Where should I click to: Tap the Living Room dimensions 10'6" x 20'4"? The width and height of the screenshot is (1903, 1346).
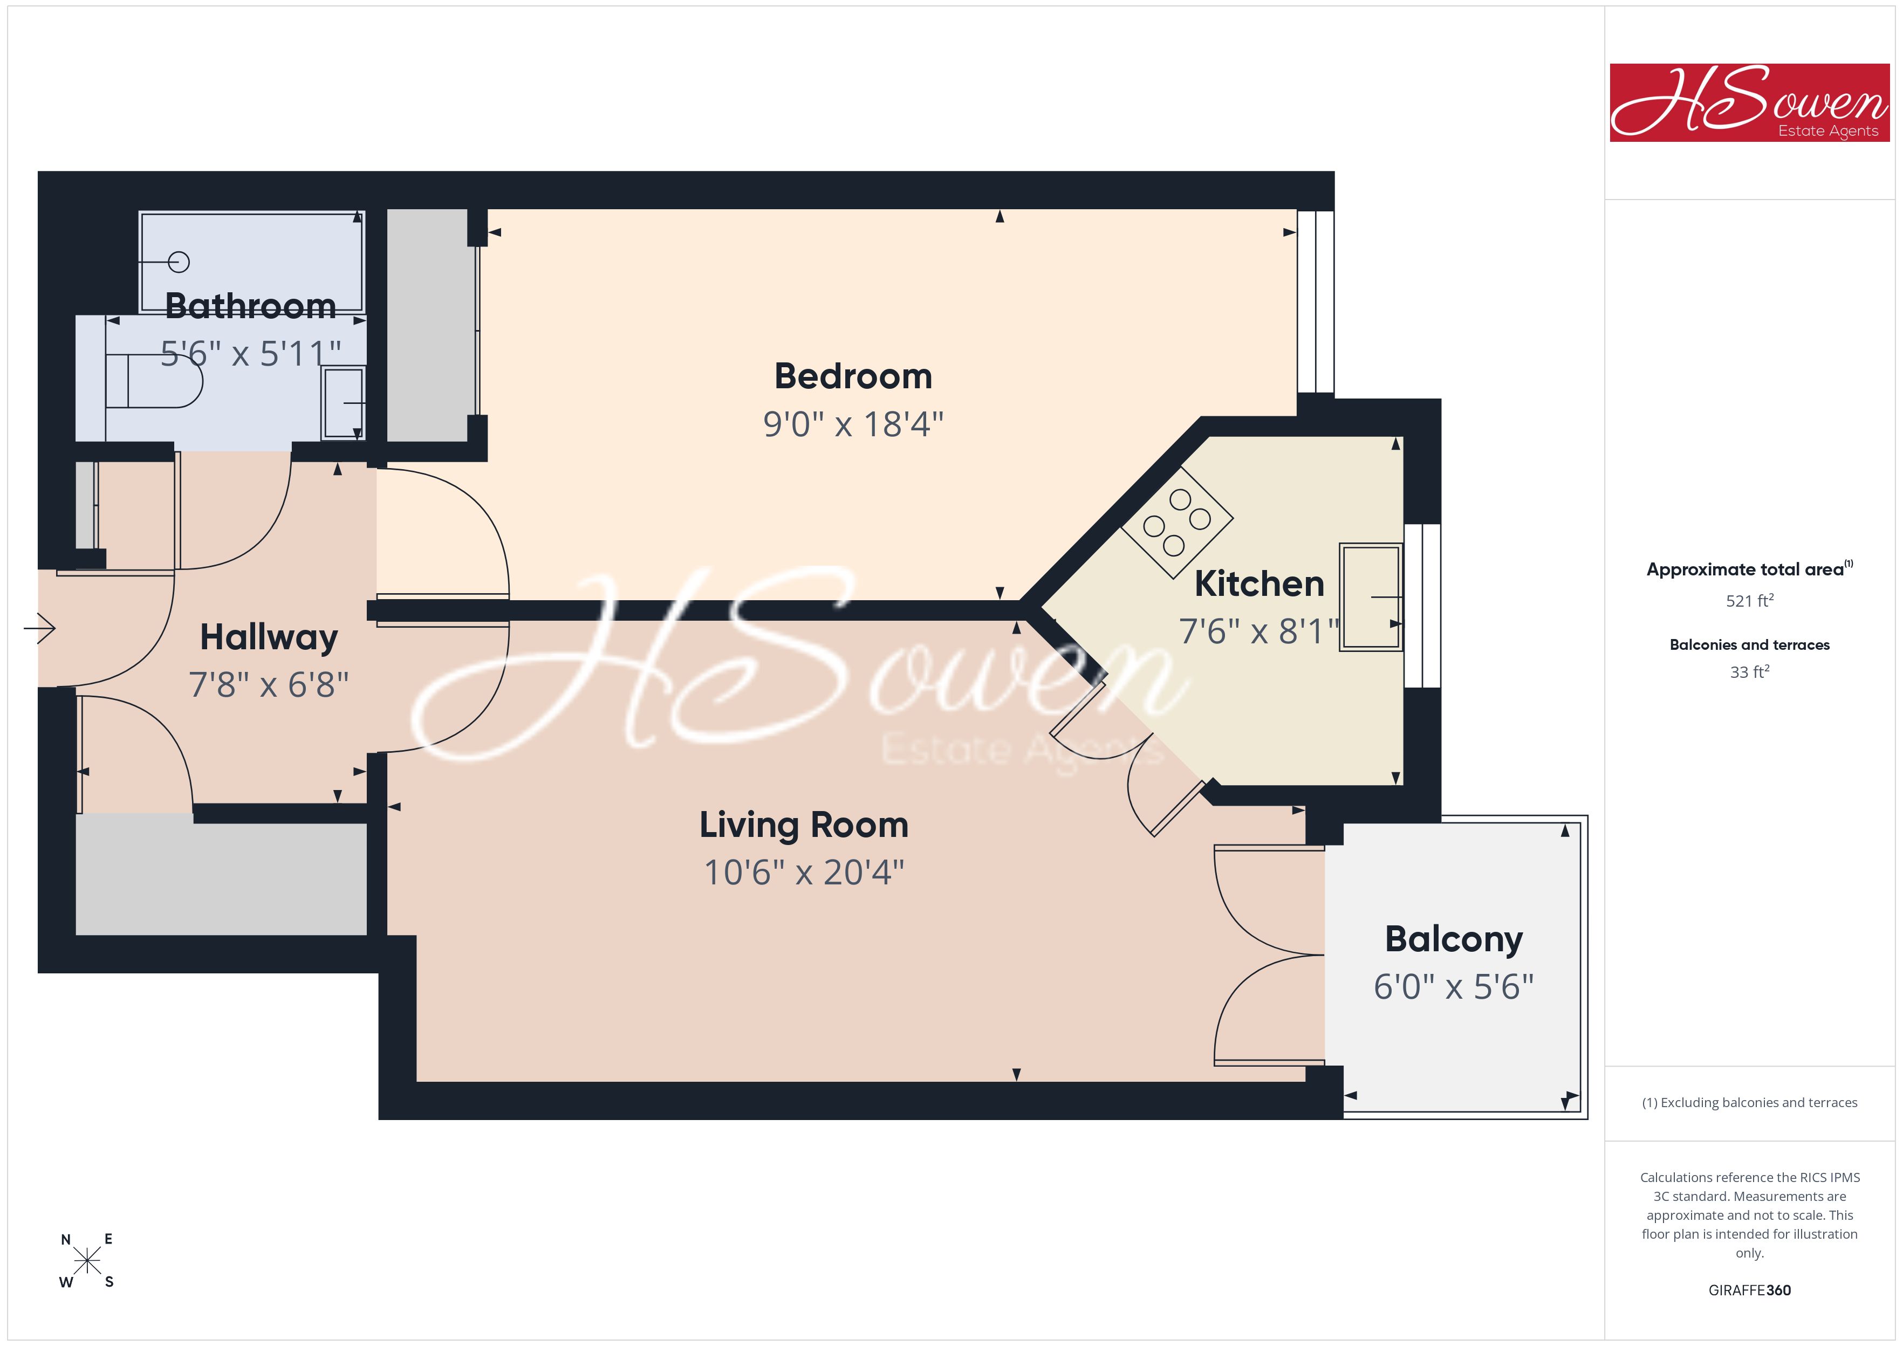804,872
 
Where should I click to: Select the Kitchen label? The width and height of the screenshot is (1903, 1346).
1259,583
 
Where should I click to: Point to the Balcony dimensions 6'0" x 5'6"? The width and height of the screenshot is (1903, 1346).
1454,986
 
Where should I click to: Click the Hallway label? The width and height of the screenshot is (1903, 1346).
269,637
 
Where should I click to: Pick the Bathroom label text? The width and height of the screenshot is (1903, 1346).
250,306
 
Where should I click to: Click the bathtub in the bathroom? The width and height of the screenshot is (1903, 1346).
252,262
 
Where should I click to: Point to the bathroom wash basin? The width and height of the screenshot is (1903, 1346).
343,403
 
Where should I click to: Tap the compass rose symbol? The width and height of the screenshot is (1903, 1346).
87,1261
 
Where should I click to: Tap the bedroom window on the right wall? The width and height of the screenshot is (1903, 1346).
1316,301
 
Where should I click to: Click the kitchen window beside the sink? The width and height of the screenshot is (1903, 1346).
1422,606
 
